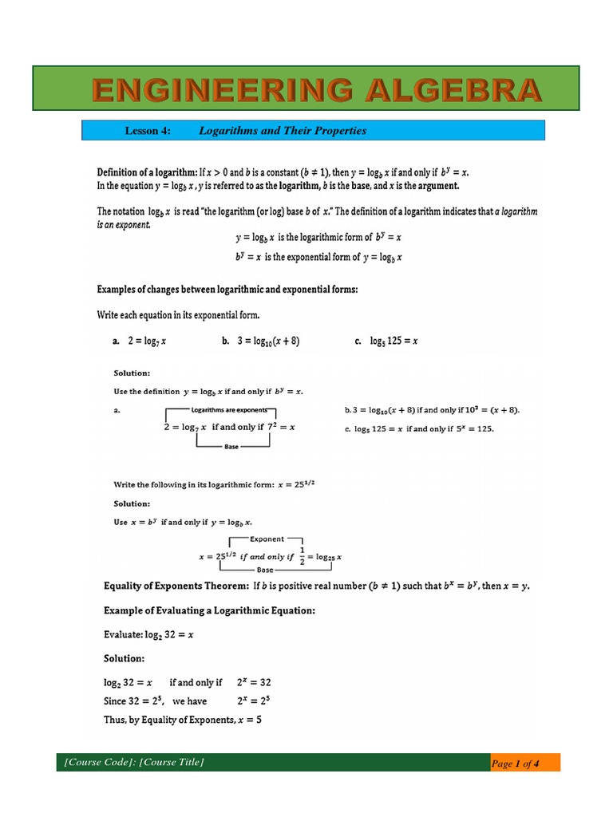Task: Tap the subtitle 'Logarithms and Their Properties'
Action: pos(282,131)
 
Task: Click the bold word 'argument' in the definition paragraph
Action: pos(436,186)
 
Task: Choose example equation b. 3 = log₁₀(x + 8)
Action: pos(260,341)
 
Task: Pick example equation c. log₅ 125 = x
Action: pos(386,341)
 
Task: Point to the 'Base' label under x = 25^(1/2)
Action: pos(266,570)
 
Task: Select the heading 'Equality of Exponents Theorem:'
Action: pos(176,586)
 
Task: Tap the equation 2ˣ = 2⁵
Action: pos(254,701)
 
